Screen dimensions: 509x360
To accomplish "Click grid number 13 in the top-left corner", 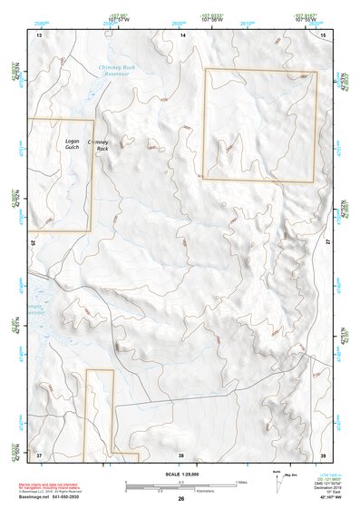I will pyautogui.click(x=39, y=34).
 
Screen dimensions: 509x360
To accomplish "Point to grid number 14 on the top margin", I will pyautogui.click(x=182, y=34).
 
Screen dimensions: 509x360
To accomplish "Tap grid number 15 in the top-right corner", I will pyautogui.click(x=324, y=34).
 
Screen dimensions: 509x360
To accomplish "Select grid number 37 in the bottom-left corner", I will pyautogui.click(x=39, y=455).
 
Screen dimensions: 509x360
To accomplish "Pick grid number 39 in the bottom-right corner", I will pyautogui.click(x=324, y=455).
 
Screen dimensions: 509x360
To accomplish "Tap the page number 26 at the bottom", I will pyautogui.click(x=181, y=499).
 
